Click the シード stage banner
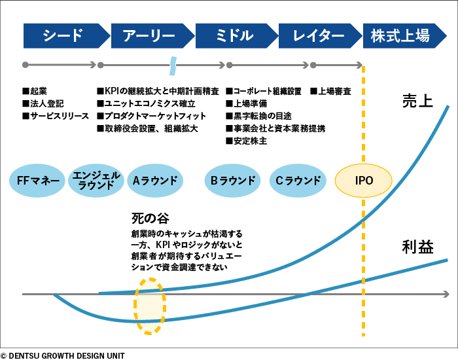(64, 35)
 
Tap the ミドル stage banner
(234, 35)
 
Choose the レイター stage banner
(318, 35)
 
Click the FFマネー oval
(39, 180)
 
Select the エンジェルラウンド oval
(96, 180)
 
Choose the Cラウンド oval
(298, 180)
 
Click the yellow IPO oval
(364, 180)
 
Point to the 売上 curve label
(417, 101)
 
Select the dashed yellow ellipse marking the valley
(150, 306)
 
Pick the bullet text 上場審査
(334, 92)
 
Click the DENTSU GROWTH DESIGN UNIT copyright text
(62, 355)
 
